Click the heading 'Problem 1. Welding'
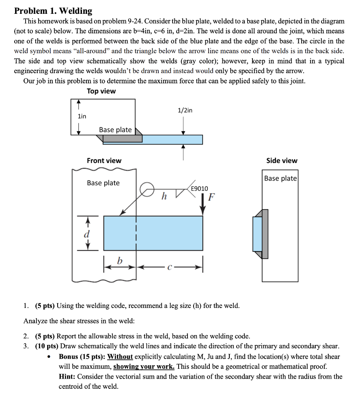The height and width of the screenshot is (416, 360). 53,11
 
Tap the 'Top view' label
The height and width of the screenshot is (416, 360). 101,91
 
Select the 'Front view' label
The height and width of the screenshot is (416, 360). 104,161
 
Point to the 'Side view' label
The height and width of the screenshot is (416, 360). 282,160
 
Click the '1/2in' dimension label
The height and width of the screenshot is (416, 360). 185,110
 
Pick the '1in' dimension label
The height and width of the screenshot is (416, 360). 82,116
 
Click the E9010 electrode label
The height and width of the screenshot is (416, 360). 199,188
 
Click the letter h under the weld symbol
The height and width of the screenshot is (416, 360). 164,197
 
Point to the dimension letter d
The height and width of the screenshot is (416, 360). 86,235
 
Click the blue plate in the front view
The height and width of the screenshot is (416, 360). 153,233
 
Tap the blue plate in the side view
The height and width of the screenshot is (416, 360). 257,234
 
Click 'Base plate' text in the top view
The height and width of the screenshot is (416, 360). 115,130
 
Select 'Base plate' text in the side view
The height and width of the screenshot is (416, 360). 280,178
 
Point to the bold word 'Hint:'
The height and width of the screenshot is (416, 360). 67,377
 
